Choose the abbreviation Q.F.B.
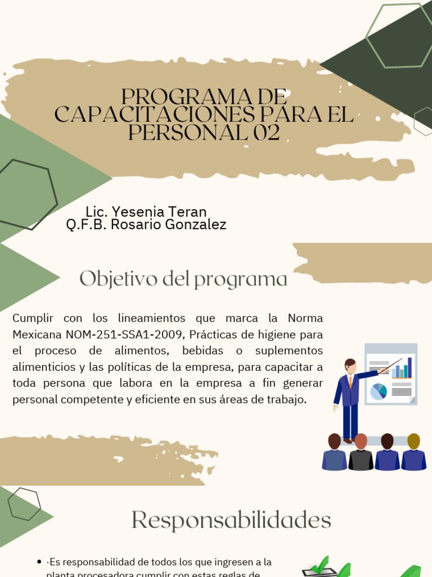click(x=87, y=225)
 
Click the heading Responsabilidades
click(x=231, y=520)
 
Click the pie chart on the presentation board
click(x=379, y=391)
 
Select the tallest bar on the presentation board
click(x=409, y=367)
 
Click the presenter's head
click(x=350, y=365)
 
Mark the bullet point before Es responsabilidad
click(x=39, y=562)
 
